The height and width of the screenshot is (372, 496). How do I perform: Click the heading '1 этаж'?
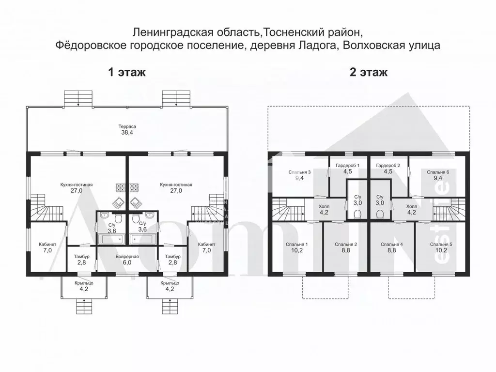pyautogui.click(x=126, y=73)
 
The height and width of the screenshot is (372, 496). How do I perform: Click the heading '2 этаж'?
pyautogui.click(x=369, y=73)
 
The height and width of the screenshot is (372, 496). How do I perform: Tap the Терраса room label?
pyautogui.click(x=127, y=126)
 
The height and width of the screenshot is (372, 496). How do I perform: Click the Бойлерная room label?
pyautogui.click(x=127, y=256)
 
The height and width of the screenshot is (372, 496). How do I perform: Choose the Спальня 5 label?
pyautogui.click(x=441, y=244)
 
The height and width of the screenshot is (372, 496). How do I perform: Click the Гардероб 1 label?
pyautogui.click(x=347, y=166)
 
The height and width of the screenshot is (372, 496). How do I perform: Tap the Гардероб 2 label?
pyautogui.click(x=387, y=166)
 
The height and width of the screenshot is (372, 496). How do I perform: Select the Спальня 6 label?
pyautogui.click(x=438, y=172)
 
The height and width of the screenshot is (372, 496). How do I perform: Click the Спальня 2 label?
pyautogui.click(x=346, y=244)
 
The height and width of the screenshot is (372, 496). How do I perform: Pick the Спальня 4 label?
pyautogui.click(x=392, y=244)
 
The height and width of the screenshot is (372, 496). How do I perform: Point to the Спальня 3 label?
pyautogui.click(x=299, y=172)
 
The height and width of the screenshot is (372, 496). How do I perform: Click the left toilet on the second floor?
pyautogui.click(x=358, y=214)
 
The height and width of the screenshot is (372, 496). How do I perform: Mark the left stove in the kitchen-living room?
pyautogui.click(x=120, y=186)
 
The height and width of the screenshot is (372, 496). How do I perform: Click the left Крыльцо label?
pyautogui.click(x=84, y=283)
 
